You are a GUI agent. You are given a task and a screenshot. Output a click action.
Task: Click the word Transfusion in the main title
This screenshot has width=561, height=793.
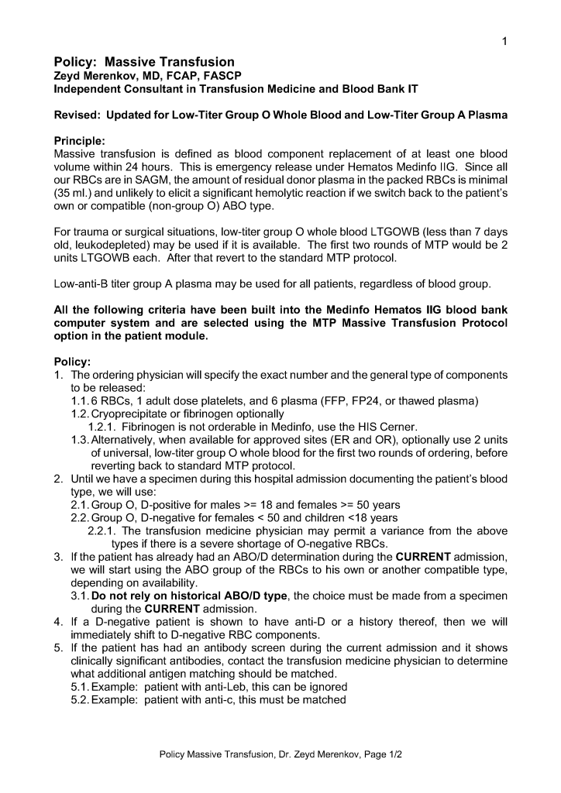coord(193,62)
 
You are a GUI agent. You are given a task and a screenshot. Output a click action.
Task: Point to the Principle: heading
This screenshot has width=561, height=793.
coord(79,142)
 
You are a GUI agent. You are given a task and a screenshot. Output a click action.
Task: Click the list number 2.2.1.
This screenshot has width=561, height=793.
coord(103,531)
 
